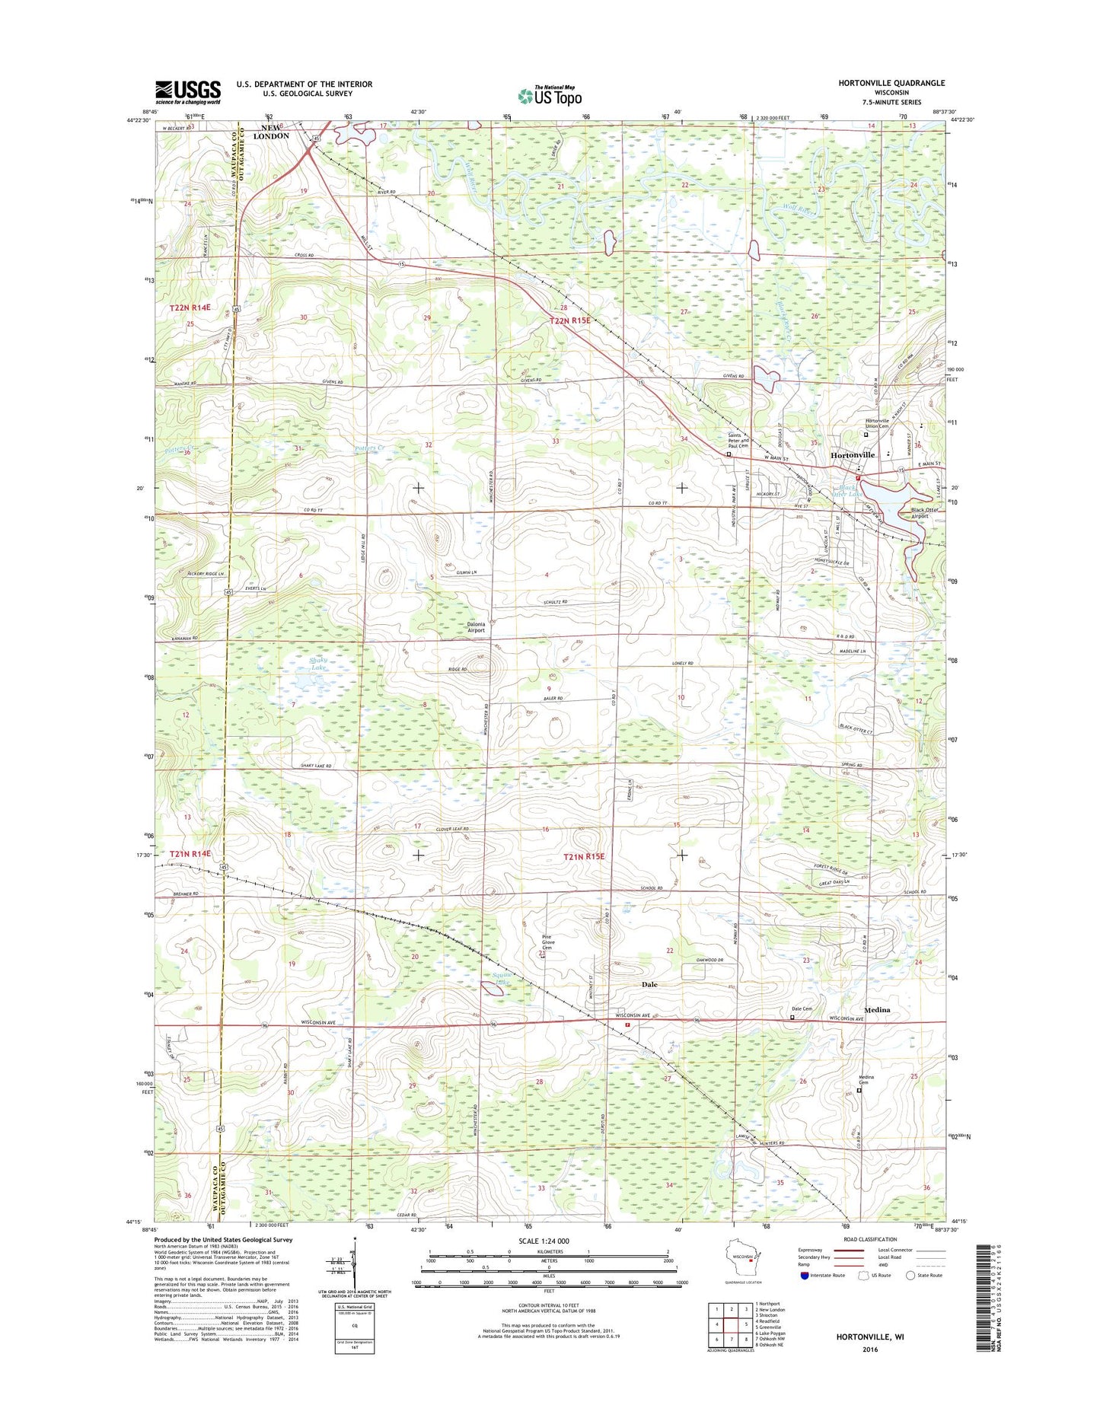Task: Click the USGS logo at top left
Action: [188, 92]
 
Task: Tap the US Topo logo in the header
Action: [550, 95]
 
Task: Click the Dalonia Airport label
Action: [475, 626]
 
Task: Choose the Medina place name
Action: [877, 1010]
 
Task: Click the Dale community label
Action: [649, 984]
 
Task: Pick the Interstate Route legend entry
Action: [826, 1275]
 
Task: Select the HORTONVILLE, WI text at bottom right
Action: [869, 1336]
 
